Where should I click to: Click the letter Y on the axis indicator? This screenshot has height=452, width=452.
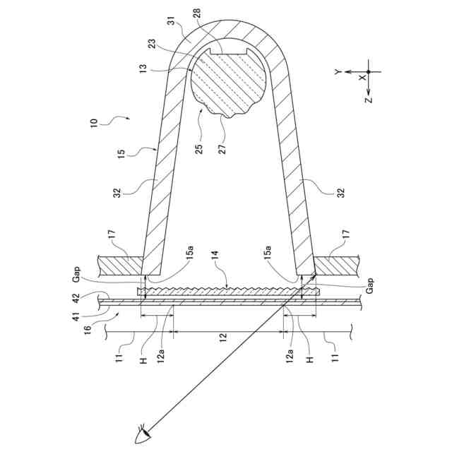point(338,72)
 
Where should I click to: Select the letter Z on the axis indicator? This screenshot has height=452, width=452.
point(368,100)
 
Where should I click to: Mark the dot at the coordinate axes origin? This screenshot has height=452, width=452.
point(369,72)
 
